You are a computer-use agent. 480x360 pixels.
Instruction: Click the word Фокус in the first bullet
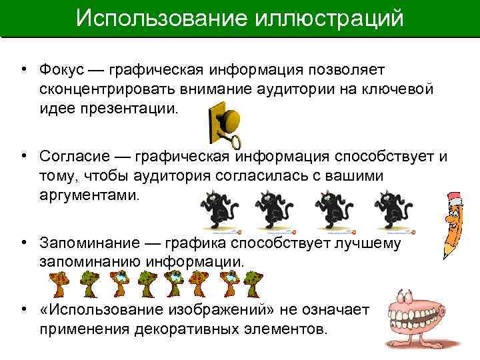(x=61, y=70)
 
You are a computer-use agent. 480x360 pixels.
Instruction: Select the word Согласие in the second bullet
(x=73, y=156)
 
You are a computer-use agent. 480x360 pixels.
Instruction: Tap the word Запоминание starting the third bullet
(x=83, y=243)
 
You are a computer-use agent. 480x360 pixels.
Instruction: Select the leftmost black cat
(x=217, y=209)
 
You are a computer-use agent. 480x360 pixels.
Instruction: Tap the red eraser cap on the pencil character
(x=455, y=199)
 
